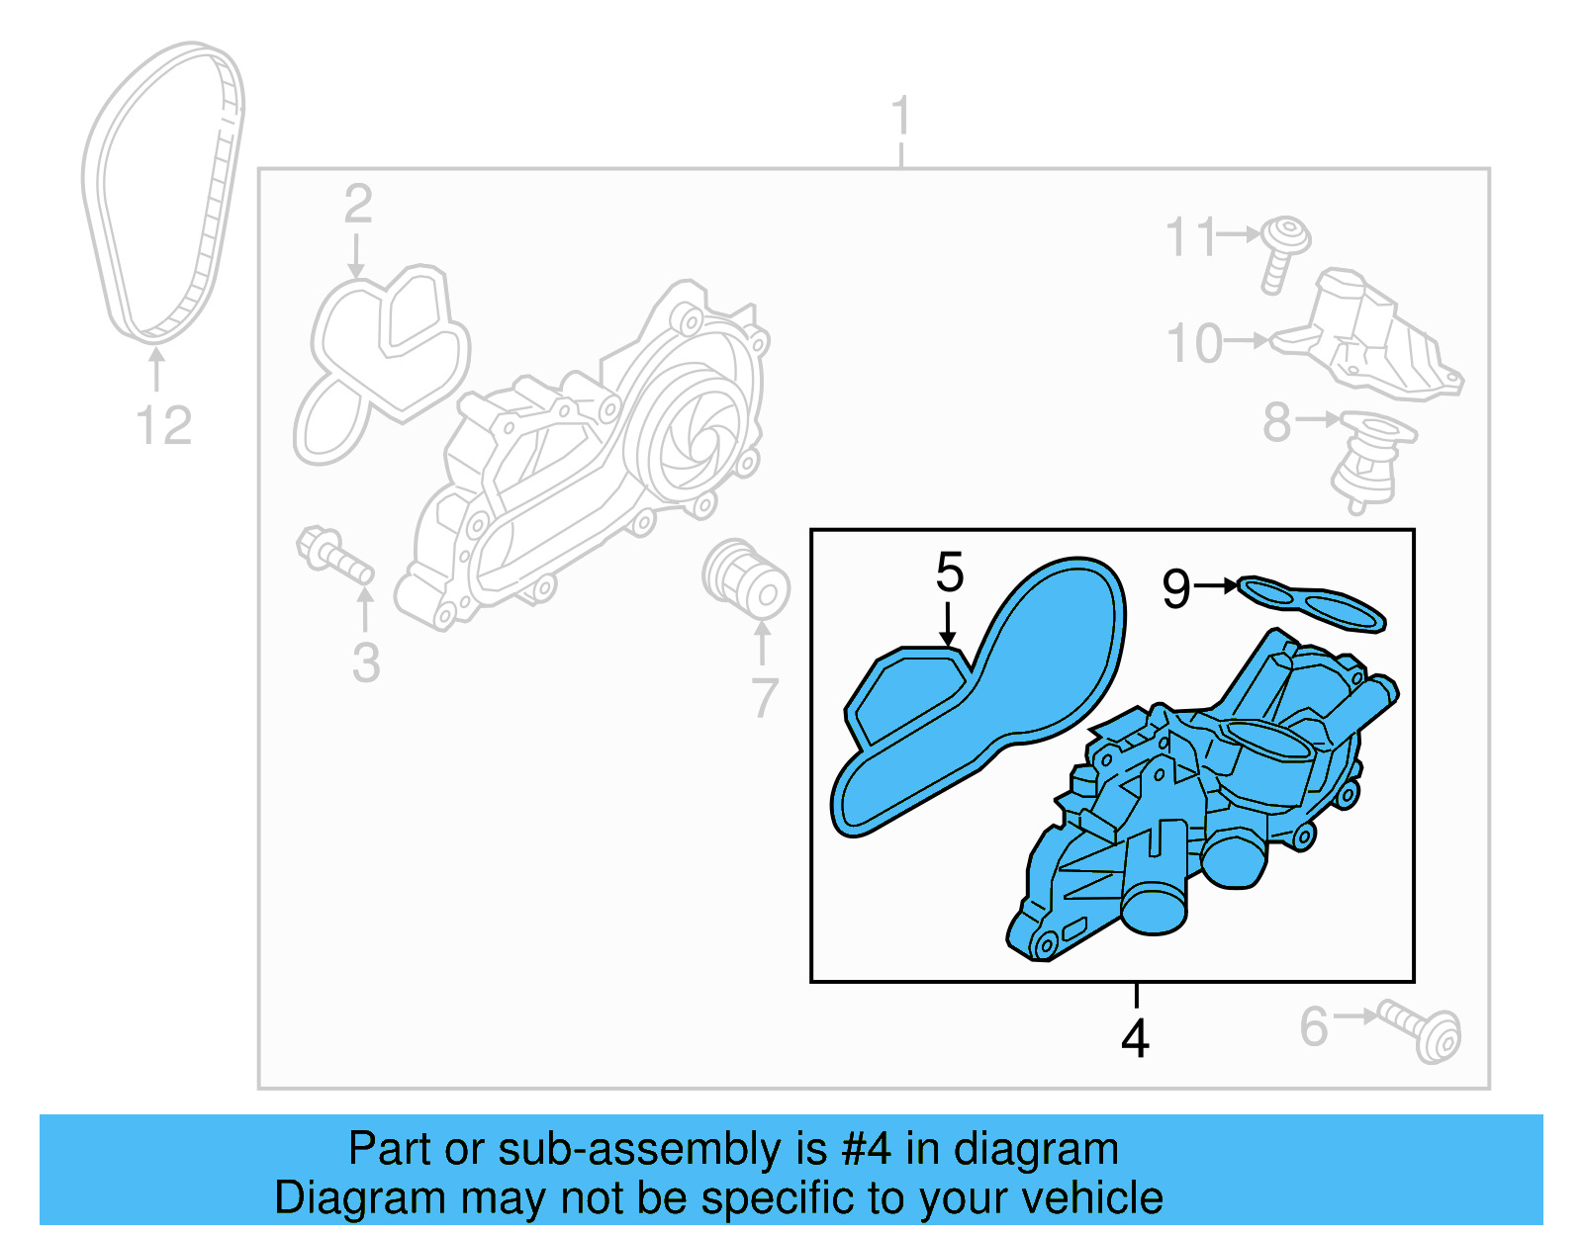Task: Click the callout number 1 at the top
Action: point(899,117)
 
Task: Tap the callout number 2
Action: point(358,204)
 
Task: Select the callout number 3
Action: point(366,662)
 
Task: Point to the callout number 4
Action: point(1135,1038)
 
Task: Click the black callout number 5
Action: point(949,573)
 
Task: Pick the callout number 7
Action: point(764,698)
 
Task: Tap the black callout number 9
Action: point(1176,589)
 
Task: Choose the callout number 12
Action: point(163,426)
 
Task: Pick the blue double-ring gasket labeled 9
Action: point(1312,603)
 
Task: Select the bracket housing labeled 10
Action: point(1370,336)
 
